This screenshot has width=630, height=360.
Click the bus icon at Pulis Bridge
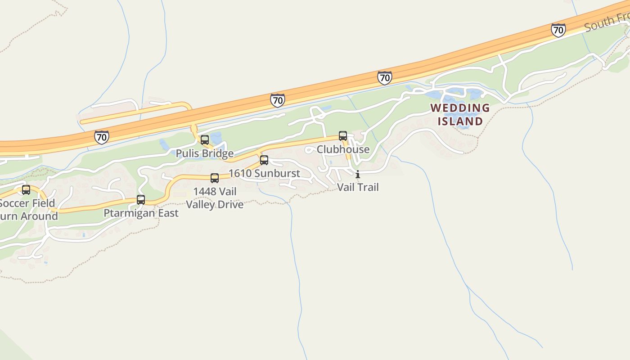click(205, 140)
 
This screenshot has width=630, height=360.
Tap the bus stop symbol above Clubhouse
click(343, 135)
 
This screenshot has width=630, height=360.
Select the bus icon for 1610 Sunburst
click(264, 160)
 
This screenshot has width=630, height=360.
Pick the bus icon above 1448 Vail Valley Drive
click(215, 178)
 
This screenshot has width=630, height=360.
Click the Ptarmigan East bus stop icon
click(141, 200)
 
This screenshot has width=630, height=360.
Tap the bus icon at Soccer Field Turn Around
click(26, 190)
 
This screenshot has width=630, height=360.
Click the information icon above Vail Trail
click(358, 175)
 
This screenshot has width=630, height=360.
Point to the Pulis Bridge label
click(204, 153)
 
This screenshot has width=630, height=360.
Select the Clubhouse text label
click(343, 149)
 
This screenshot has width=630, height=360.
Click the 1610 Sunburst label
click(264, 173)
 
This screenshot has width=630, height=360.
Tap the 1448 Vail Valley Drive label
click(215, 198)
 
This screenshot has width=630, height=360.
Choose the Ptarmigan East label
click(141, 213)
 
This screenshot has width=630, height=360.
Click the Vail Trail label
click(358, 187)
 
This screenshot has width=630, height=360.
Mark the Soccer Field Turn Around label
click(28, 210)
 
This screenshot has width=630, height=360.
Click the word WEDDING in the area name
click(460, 108)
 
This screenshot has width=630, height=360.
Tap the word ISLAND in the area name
click(460, 121)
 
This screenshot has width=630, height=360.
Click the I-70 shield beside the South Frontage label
click(558, 30)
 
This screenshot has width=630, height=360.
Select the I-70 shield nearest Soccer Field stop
click(102, 137)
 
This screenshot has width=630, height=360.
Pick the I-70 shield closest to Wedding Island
click(384, 78)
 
